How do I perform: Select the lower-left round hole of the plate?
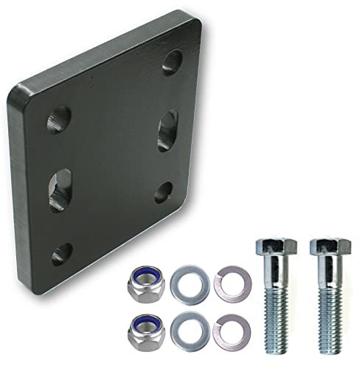pos(60,253)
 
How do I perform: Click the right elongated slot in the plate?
pos(167,131)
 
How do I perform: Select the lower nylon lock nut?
pos(142,331)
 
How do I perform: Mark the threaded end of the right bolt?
pos(328,325)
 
